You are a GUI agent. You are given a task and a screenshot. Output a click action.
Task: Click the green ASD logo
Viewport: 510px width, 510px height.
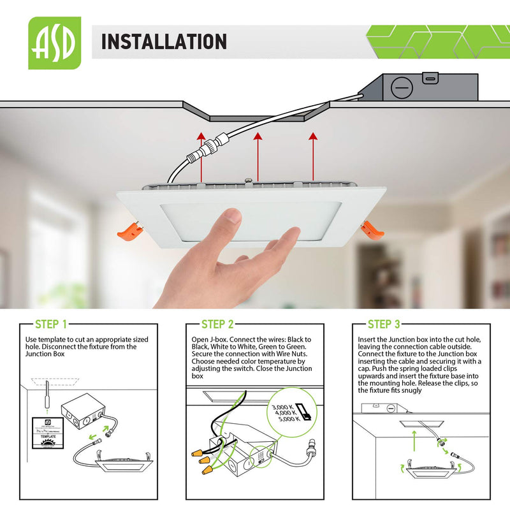[55, 43]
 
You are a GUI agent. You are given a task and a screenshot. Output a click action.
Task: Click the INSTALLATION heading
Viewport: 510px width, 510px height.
[164, 42]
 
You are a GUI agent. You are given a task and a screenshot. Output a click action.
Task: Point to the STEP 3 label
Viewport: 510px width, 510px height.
[384, 324]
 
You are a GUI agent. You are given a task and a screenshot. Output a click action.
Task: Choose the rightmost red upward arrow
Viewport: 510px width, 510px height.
[313, 156]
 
